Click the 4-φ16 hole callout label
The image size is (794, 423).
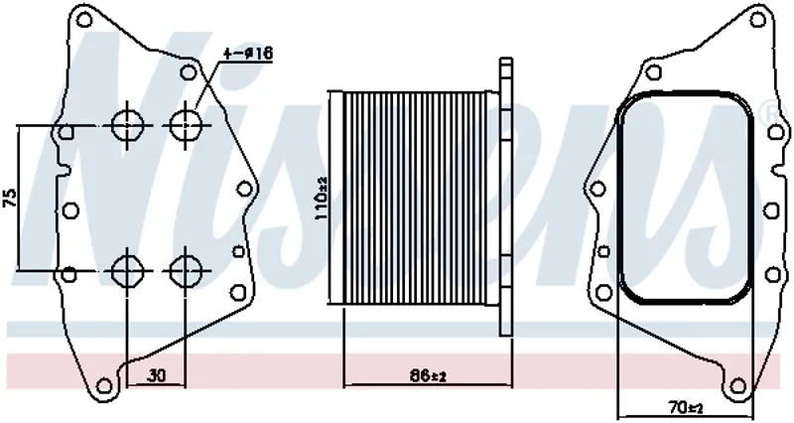(x=248, y=54)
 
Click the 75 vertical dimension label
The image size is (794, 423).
(x=11, y=198)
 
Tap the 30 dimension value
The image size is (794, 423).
(x=157, y=376)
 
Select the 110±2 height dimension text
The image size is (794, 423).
(x=322, y=198)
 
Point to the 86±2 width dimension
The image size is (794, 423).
(x=429, y=376)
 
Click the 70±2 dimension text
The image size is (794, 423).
(x=685, y=407)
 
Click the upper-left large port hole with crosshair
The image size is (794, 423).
(x=127, y=125)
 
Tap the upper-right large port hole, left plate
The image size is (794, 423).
(x=186, y=125)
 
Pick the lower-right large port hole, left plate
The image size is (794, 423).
(x=186, y=270)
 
